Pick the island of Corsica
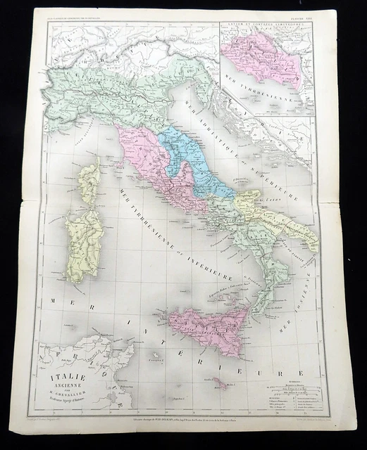(x=89, y=181)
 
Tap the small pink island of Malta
(x=223, y=385)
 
